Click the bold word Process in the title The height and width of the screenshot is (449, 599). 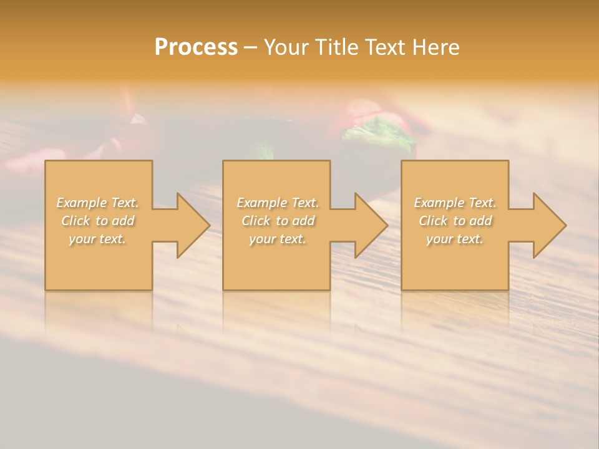click(x=196, y=47)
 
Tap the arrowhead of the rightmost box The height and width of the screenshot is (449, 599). click(x=548, y=225)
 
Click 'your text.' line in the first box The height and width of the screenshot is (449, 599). click(x=98, y=239)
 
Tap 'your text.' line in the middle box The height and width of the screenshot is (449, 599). click(x=278, y=239)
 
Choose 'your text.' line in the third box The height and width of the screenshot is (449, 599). click(x=455, y=239)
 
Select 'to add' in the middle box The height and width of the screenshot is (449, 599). click(x=295, y=221)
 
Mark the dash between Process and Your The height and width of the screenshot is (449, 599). click(x=250, y=47)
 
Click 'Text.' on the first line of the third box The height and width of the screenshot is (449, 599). click(x=482, y=203)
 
